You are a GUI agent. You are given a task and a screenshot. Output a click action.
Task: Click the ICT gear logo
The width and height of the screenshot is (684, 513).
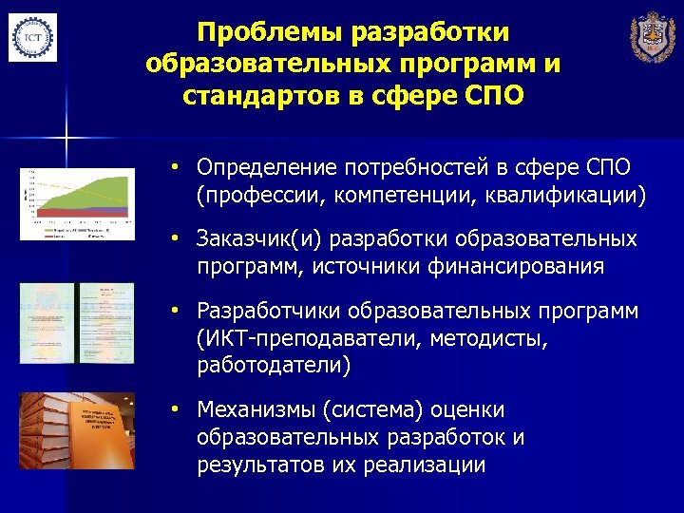pyautogui.click(x=32, y=38)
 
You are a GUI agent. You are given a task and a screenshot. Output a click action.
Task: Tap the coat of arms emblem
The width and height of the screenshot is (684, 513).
pyautogui.click(x=654, y=39)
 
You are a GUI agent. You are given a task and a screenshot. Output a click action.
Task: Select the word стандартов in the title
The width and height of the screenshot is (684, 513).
pyautogui.click(x=239, y=97)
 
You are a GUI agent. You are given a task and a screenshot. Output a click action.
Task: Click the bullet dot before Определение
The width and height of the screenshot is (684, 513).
pyautogui.click(x=176, y=168)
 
